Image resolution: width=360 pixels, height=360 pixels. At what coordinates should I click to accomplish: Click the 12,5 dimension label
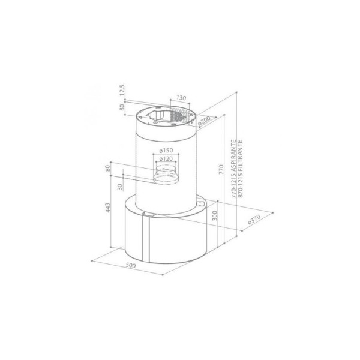[122, 91]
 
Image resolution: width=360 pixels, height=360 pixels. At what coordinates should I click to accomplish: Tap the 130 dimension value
[181, 98]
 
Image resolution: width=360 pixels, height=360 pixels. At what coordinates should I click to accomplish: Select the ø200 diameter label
[203, 121]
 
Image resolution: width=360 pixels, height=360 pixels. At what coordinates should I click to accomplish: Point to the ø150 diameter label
[166, 151]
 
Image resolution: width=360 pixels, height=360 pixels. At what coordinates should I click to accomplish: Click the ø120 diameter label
[166, 158]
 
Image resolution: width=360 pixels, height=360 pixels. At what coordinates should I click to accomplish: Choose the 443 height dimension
[107, 208]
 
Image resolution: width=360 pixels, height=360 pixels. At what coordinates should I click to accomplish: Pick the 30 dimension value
[120, 187]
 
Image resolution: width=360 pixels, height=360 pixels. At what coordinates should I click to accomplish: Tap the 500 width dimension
[131, 265]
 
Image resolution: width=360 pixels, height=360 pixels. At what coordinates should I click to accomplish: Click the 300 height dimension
[214, 215]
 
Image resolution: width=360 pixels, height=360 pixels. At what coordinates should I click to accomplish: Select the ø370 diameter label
[254, 219]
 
